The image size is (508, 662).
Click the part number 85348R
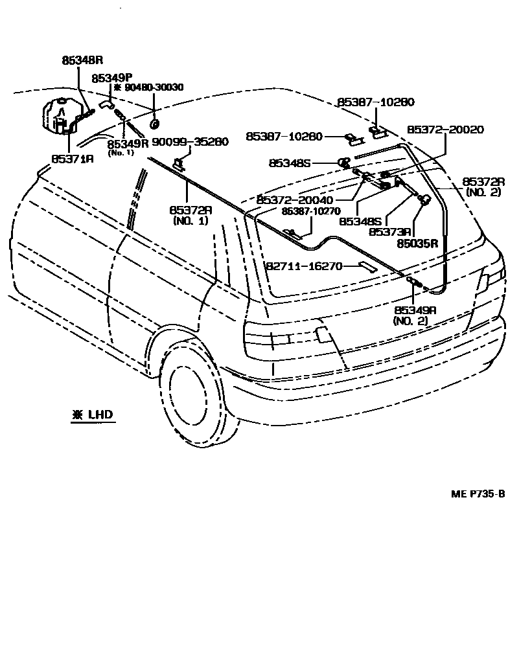[x=83, y=60]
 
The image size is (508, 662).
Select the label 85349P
[x=112, y=77]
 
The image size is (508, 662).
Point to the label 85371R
[x=72, y=157]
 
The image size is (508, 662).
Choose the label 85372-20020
[x=445, y=130]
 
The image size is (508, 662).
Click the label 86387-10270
[x=308, y=211]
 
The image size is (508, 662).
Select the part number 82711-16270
[x=304, y=266]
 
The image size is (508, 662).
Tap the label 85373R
[x=391, y=231]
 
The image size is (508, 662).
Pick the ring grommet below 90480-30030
[x=155, y=123]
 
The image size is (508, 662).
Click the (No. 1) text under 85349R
[x=121, y=153]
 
